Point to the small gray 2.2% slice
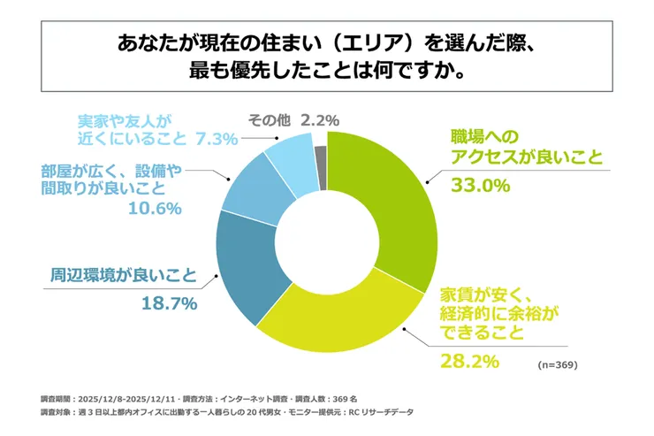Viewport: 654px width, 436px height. pyautogui.click(x=321, y=146)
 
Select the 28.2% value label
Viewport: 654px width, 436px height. pyautogui.click(x=470, y=361)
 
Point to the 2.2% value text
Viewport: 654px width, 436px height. pyautogui.click(x=321, y=119)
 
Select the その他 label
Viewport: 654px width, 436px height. pyautogui.click(x=267, y=119)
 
